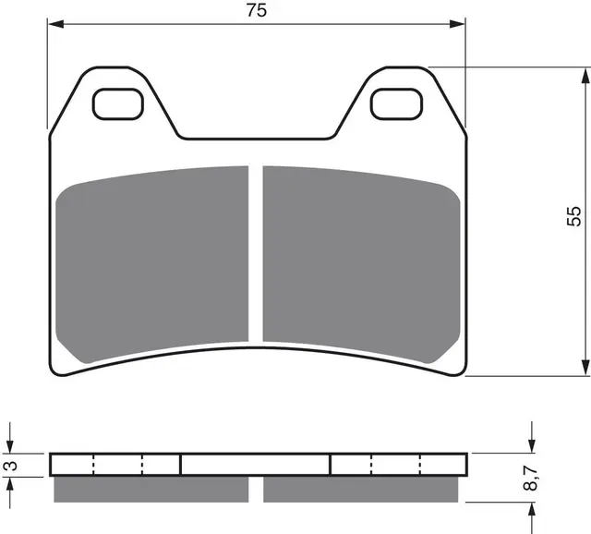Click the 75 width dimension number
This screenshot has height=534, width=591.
pos(257,11)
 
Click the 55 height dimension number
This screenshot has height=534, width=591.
pos(574,215)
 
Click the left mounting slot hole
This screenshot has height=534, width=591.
pos(118,103)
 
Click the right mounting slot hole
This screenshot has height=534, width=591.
pos(396,103)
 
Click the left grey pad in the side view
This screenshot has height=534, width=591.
pos(151,488)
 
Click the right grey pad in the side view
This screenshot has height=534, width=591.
pos(361,488)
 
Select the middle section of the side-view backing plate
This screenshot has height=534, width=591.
pos(255,464)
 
